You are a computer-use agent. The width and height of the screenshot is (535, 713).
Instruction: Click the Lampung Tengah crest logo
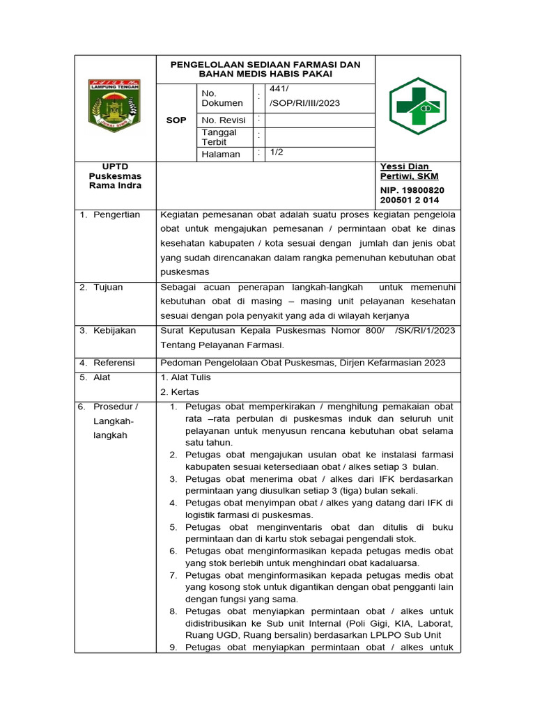coord(116,105)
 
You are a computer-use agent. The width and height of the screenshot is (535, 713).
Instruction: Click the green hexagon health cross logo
coord(417,105)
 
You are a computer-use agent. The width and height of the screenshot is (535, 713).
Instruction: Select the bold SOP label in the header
coord(176,120)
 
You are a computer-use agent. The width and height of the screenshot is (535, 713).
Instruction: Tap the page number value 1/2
coord(277,153)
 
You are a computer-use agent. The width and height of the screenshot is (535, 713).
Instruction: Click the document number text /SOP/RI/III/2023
coord(304,103)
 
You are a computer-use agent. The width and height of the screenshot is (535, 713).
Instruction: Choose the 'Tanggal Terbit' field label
coord(219,136)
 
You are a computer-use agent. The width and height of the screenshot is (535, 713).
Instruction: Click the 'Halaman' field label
coord(221,154)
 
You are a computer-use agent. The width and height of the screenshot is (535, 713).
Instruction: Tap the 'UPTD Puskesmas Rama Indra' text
coord(115,176)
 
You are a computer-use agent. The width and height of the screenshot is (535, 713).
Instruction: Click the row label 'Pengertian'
coord(116,214)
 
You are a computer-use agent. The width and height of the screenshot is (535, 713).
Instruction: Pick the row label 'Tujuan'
coord(110,287)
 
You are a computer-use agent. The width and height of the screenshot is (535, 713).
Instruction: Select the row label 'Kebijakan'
coord(115,330)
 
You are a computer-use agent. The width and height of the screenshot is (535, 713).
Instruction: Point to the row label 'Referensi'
coord(115,363)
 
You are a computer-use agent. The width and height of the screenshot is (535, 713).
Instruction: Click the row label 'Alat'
coord(102,377)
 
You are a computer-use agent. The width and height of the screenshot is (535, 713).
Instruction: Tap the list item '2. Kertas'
coord(180,392)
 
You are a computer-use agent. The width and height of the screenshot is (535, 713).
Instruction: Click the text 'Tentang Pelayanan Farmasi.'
coord(222,345)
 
